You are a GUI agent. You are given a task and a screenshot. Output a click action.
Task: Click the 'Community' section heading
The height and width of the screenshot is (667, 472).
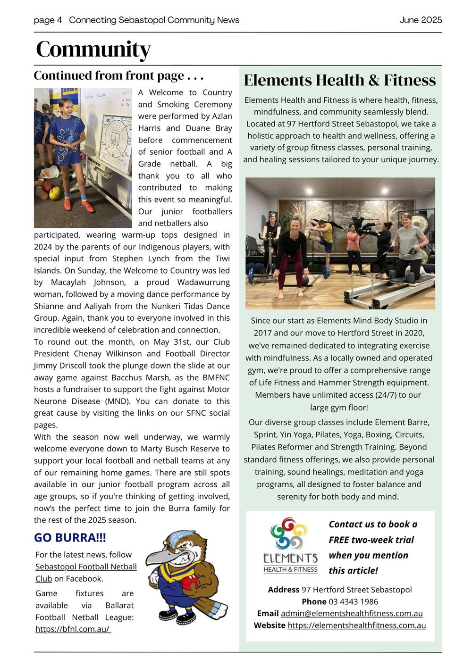93,49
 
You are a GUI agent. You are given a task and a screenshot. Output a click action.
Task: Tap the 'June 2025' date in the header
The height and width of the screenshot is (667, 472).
421,20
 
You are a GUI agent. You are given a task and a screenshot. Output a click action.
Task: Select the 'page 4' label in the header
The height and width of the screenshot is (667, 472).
48,20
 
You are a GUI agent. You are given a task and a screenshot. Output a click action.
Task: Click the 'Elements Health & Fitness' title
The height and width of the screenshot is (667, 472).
339,80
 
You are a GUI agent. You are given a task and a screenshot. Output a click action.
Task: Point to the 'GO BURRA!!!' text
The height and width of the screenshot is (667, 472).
70,538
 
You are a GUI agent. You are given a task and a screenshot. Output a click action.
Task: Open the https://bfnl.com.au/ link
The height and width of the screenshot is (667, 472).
73,629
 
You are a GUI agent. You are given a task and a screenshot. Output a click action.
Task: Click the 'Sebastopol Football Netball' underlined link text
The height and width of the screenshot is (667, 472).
86,567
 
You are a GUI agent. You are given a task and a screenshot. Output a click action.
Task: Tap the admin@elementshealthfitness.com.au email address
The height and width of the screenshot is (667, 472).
352,613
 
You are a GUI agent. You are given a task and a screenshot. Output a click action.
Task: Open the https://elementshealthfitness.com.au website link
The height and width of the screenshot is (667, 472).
356,625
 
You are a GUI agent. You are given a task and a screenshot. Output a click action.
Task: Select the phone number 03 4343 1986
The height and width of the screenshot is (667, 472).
353,601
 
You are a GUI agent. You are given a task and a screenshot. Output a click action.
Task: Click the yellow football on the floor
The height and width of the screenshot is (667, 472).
55,192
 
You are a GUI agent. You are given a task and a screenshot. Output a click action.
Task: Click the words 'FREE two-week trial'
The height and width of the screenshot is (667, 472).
371,540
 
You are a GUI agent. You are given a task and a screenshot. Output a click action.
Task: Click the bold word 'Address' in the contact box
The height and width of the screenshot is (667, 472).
283,590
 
